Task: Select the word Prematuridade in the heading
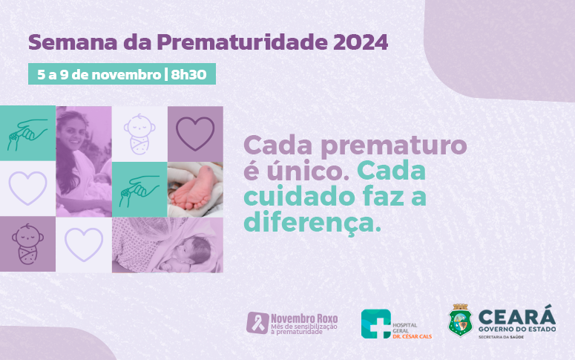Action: point(242,43)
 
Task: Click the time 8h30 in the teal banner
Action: point(188,74)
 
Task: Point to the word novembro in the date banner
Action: point(127,74)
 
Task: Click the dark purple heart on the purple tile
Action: point(195,134)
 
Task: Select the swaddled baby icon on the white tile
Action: point(139,134)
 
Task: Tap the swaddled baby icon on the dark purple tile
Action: point(27,244)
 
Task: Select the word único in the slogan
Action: point(308,171)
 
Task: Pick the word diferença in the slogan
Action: point(312,223)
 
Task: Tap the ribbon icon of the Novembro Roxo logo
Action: point(257,323)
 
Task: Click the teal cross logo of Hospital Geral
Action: point(376,324)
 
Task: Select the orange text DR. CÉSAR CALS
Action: point(412,336)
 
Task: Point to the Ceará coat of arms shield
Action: point(461,321)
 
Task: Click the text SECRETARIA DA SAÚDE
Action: point(501,337)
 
